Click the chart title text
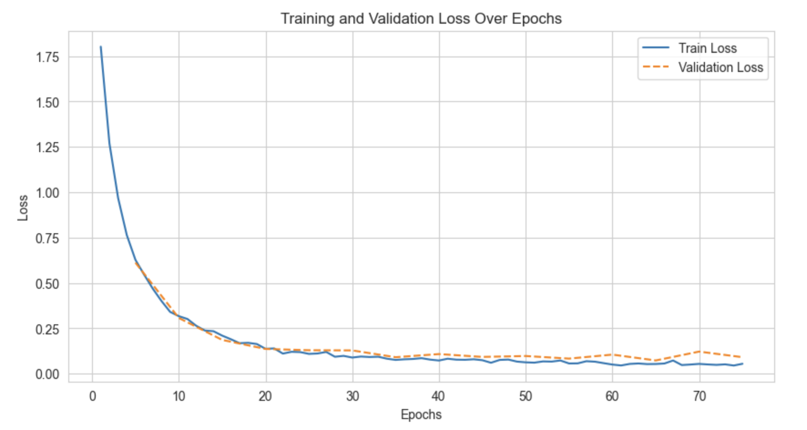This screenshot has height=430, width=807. [421, 19]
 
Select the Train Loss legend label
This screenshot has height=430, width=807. [707, 48]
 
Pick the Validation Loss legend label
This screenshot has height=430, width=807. [720, 67]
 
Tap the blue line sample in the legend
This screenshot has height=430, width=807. [655, 48]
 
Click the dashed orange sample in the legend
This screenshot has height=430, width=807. [655, 67]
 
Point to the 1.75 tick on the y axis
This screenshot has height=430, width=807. [47, 57]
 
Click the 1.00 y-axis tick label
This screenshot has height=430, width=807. [47, 193]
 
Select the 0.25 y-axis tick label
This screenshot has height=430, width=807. [47, 329]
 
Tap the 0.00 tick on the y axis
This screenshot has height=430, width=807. [47, 374]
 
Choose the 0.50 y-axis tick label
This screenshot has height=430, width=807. [47, 284]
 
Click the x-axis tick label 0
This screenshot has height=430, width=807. [92, 397]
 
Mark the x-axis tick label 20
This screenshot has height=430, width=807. [266, 397]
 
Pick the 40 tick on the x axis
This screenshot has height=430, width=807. [439, 397]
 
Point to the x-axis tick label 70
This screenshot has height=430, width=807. [699, 397]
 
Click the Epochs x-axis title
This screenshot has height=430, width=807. [421, 415]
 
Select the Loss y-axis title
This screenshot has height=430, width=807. [23, 208]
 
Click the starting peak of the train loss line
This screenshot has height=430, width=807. [101, 46]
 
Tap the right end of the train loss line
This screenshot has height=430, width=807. [742, 363]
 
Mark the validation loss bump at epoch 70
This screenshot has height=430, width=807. [699, 352]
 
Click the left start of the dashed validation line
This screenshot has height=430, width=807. [135, 262]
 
